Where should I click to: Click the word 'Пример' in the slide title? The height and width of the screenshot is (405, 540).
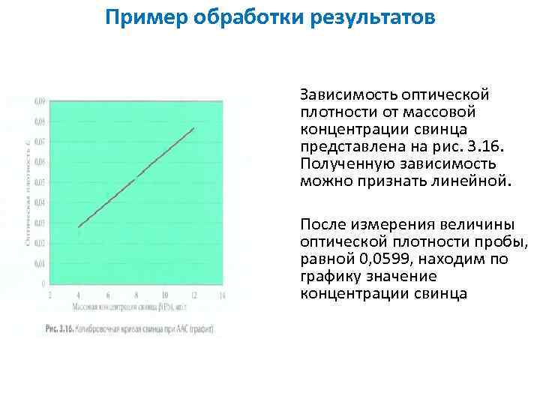(x=144, y=16)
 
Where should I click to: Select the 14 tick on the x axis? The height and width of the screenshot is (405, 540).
(x=221, y=295)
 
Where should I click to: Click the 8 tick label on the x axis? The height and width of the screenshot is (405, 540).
(x=136, y=295)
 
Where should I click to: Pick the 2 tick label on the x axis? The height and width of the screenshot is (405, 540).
(x=50, y=295)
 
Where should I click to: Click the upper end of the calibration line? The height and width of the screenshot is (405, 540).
(x=193, y=128)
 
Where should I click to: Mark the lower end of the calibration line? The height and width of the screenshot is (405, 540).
(x=79, y=226)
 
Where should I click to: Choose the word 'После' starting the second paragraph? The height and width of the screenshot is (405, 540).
(x=321, y=224)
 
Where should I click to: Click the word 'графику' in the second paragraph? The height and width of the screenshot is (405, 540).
(x=328, y=277)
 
